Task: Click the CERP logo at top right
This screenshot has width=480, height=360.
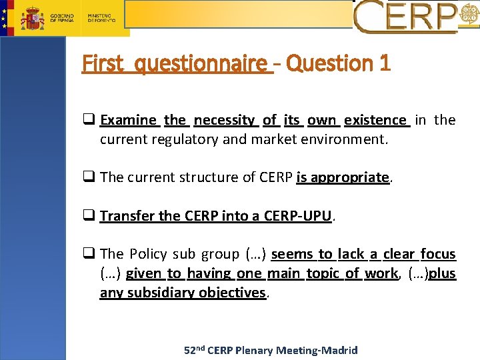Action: [407, 17]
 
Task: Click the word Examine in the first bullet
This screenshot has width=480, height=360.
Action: [128, 120]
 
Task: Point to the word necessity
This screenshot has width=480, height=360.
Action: [224, 120]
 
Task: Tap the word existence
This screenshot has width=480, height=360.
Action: [375, 120]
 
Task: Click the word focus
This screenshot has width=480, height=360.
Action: [438, 254]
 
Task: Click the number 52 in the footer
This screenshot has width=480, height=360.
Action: [191, 350]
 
